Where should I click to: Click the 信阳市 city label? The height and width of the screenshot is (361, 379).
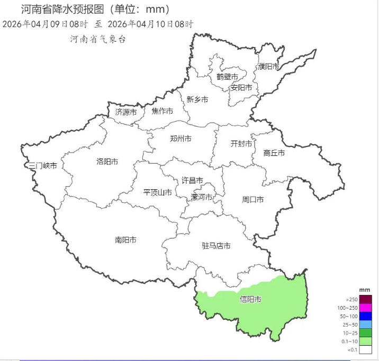tap(250, 300)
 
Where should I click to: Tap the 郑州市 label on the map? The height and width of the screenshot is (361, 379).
tap(181, 138)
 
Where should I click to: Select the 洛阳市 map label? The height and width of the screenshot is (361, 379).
tap(107, 162)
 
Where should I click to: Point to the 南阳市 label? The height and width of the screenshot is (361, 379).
tap(125, 240)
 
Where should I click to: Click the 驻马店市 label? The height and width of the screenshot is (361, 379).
tap(216, 246)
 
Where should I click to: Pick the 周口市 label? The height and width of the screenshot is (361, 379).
tap(253, 199)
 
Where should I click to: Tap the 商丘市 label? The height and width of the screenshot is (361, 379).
tap(274, 153)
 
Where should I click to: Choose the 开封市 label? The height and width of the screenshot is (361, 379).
tap(241, 144)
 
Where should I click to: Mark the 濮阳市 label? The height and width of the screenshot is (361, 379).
tap(269, 67)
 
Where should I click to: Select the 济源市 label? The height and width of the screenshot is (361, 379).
tap(126, 112)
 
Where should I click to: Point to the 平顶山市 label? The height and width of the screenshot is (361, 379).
tap(158, 192)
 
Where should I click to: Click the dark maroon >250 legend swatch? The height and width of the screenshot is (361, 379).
tap(365, 299)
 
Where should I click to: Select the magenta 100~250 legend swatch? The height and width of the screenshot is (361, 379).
tap(365, 308)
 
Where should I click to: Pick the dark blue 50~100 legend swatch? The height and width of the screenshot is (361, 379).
tap(365, 316)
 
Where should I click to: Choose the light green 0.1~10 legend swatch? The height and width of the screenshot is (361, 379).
tap(365, 341)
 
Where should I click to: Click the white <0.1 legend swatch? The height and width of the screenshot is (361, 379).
tap(365, 350)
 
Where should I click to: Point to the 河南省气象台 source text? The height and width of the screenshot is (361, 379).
tap(97, 40)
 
